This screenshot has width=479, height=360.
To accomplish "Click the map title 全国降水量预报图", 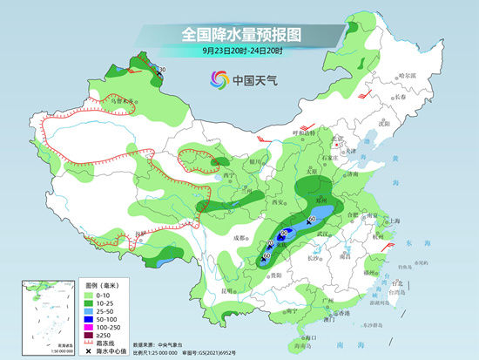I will tap(239, 34).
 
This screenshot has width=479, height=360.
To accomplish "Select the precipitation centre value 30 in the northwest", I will tap(161, 69).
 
